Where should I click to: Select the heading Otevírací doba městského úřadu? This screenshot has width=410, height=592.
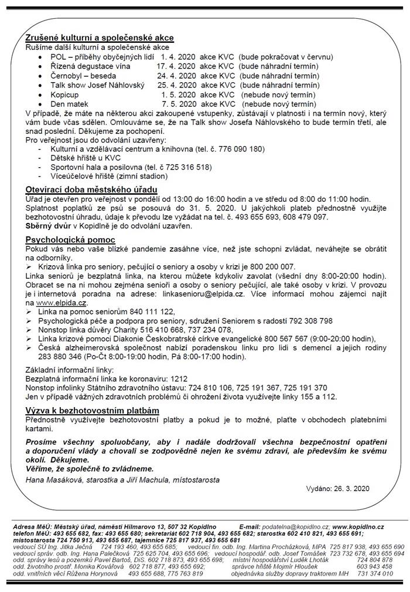(91, 190)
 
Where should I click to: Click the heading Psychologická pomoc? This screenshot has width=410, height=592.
(70, 240)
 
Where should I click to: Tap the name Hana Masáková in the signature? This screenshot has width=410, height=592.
(54, 480)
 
